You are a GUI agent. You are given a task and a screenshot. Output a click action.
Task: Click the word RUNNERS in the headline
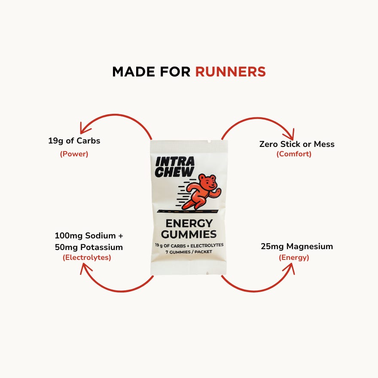(230, 72)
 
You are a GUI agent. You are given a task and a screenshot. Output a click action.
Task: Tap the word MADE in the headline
(132, 72)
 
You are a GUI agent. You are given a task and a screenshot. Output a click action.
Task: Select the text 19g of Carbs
(74, 141)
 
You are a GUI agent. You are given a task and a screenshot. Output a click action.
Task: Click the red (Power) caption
(74, 154)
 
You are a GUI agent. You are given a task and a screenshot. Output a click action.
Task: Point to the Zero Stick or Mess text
(297, 144)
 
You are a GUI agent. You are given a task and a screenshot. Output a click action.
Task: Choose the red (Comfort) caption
(294, 154)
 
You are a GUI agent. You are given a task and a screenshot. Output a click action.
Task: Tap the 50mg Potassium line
(89, 247)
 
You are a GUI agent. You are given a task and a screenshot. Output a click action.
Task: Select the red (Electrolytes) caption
(87, 258)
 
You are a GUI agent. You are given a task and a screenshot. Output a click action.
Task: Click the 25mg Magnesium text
(297, 247)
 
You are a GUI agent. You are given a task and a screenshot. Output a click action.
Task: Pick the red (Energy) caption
(294, 258)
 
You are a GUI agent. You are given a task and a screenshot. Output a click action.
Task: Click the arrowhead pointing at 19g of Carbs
(85, 128)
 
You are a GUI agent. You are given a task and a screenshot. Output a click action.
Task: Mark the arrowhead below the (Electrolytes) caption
(86, 268)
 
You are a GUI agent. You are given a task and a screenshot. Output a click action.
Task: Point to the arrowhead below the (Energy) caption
(289, 268)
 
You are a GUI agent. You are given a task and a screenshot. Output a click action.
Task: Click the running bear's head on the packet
(209, 182)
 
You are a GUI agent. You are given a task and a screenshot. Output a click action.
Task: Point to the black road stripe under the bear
(189, 211)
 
